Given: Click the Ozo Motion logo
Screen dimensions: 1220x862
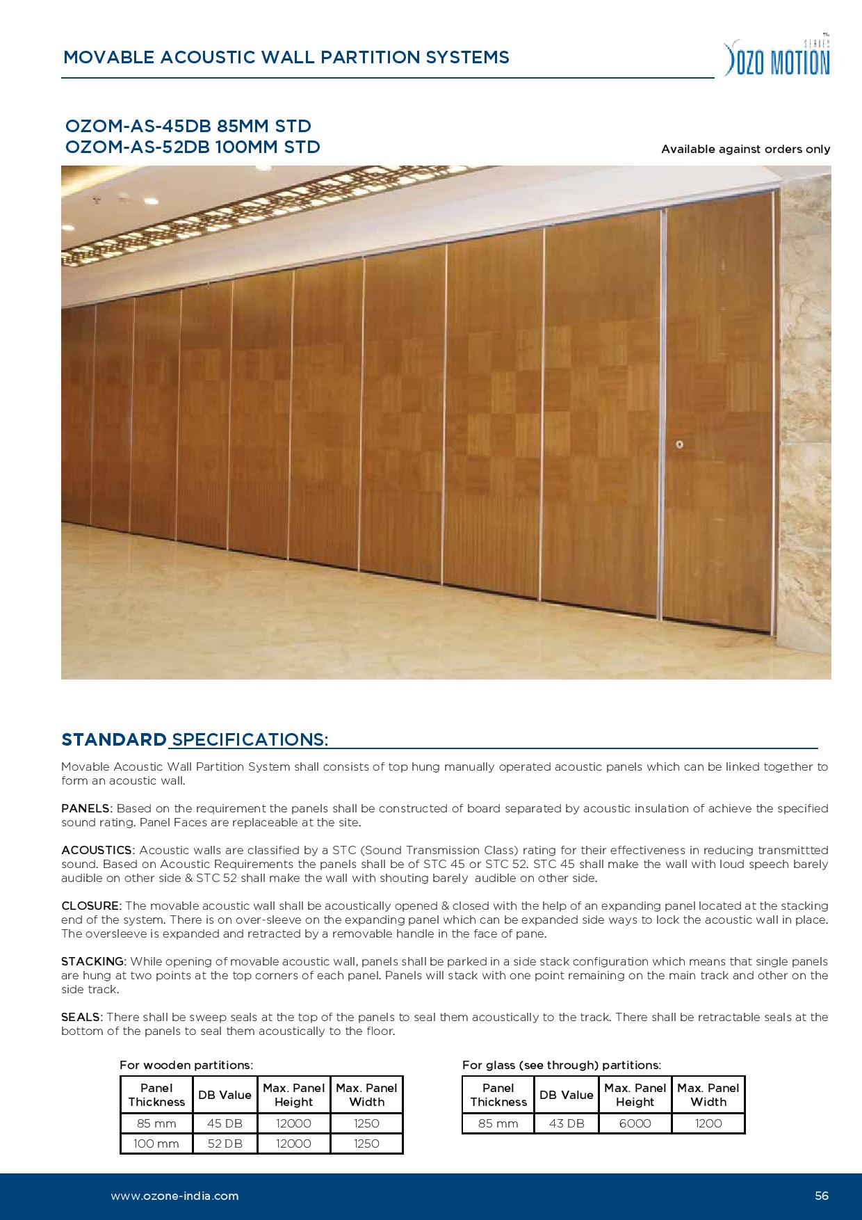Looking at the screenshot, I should click(777, 57).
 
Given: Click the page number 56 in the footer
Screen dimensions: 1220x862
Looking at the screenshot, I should click(822, 1196).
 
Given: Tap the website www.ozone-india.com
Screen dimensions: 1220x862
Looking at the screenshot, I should click(174, 1196).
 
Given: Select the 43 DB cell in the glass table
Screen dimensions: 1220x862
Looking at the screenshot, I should click(567, 1123).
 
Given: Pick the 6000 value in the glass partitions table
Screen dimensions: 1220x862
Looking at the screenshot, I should click(635, 1123).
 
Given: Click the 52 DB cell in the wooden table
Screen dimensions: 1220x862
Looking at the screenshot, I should click(225, 1143).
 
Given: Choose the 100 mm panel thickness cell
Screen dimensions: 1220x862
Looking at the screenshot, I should click(156, 1143).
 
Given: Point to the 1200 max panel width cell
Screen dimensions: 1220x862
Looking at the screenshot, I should click(708, 1123).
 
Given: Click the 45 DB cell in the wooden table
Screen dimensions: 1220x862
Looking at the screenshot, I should click(225, 1123).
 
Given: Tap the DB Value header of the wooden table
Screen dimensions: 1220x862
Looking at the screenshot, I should click(225, 1095).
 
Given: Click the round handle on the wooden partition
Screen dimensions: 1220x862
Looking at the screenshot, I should click(679, 444).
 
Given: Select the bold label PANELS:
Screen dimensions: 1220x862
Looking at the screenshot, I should click(86, 808).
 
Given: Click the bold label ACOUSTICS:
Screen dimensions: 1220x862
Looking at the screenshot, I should click(97, 850).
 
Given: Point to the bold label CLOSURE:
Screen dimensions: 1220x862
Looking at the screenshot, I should click(91, 906).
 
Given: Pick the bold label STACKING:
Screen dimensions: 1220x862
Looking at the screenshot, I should click(93, 961).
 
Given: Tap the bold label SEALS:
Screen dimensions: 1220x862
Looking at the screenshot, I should click(81, 1017).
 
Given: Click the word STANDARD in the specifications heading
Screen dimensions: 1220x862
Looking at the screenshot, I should click(114, 739).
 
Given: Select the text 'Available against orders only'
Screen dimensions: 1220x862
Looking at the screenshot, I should click(745, 149).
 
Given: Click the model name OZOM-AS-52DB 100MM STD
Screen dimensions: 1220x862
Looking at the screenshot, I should click(193, 147).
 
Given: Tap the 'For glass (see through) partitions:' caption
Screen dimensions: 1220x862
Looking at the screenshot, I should click(562, 1065).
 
